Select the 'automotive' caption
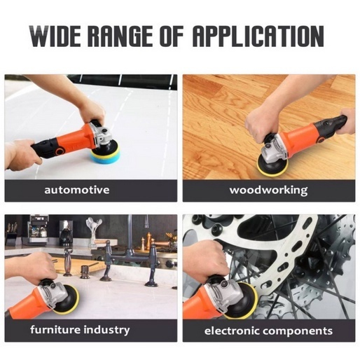pos(76,190)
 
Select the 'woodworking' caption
pos(268,190)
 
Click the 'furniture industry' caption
pos(79,329)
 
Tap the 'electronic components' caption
pos(268,330)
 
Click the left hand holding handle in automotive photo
pos(21,153)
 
